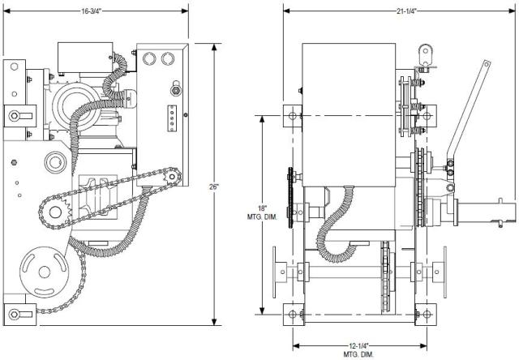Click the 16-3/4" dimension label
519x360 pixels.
tap(91, 11)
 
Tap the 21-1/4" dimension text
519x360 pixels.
tap(406, 11)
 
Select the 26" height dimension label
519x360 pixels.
tap(214, 186)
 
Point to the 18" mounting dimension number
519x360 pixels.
tap(262, 208)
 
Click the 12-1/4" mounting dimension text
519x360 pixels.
tap(358, 346)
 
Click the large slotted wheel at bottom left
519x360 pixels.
tap(44, 272)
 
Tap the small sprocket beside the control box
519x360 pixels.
tap(172, 177)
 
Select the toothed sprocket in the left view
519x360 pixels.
tap(55, 212)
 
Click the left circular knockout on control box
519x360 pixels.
tap(149, 58)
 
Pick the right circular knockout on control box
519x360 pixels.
tap(168, 58)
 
